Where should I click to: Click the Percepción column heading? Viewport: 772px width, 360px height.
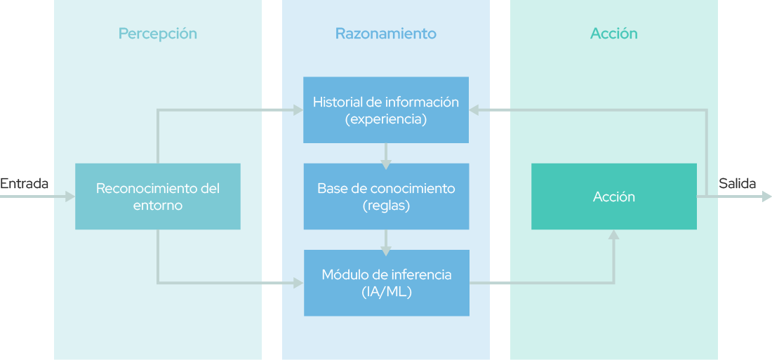(157, 34)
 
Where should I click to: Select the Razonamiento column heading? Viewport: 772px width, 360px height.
(385, 34)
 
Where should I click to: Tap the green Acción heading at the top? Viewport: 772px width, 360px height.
(613, 34)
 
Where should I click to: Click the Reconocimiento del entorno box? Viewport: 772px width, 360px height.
(157, 196)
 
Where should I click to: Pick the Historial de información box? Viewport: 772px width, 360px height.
(385, 109)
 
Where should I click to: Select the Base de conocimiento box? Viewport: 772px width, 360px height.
(386, 196)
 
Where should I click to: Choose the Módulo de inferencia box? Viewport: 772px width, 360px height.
(387, 283)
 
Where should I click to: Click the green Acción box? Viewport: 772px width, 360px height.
(614, 196)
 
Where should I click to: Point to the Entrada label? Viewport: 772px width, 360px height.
(24, 184)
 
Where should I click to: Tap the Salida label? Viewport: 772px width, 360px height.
(737, 184)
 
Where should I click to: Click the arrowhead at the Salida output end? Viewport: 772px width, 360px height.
(766, 196)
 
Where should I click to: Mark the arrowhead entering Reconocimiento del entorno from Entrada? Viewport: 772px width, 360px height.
(70, 196)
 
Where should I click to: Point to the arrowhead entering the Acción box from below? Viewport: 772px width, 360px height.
(613, 234)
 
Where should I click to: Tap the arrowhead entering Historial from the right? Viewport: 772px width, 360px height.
(474, 110)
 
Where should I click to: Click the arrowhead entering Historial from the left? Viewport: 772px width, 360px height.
(298, 110)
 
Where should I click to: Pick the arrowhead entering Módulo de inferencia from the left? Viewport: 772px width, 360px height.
(299, 283)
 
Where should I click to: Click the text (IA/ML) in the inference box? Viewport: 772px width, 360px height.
(387, 291)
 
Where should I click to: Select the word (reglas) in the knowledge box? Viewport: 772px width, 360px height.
(386, 206)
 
